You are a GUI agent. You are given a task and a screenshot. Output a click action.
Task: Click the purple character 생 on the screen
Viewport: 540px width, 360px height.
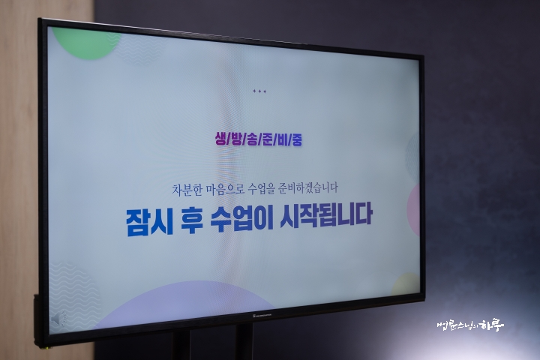[x=220, y=139]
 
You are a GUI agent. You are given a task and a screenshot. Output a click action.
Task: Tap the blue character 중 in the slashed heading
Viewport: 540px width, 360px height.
[x=296, y=139]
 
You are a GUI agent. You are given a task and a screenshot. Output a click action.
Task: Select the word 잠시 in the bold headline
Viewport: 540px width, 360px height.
[x=149, y=222]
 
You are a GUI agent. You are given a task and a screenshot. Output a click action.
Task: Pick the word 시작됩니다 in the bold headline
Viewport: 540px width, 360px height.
[x=326, y=215]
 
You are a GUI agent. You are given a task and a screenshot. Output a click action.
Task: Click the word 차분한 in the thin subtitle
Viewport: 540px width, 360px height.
[x=187, y=190]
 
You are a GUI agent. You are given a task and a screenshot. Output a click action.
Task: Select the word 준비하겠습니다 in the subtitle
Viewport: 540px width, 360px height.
[x=308, y=188]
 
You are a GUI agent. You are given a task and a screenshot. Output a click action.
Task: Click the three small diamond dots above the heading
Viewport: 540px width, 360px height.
[x=259, y=91]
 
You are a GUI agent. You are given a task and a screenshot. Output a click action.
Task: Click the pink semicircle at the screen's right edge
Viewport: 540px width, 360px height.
[x=413, y=210]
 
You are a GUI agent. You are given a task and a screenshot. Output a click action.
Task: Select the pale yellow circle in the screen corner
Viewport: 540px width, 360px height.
[x=406, y=284]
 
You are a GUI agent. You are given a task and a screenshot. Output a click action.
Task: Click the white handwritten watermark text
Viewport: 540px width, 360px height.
[x=470, y=325]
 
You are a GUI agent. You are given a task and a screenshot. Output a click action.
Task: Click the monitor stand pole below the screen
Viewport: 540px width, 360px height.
[x=244, y=342]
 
